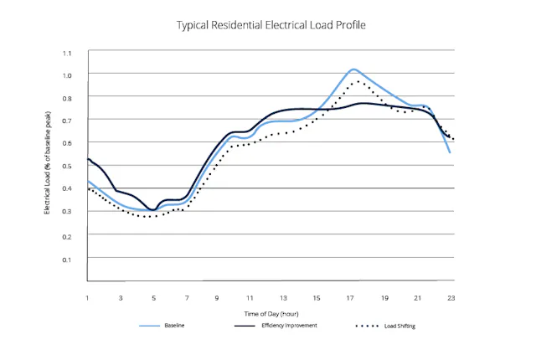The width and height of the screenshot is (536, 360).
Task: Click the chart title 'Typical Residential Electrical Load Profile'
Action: point(271,25)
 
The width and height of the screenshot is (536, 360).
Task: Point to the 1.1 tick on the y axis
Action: point(66,53)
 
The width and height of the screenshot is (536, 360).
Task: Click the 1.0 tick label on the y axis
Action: point(66,75)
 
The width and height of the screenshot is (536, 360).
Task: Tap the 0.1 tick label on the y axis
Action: point(66,260)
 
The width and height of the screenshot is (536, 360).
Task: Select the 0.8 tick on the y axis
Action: point(66,98)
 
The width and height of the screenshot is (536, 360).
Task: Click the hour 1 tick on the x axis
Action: point(87,298)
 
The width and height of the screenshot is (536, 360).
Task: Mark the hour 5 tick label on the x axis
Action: point(153,298)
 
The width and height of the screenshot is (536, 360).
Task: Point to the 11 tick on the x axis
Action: point(250,298)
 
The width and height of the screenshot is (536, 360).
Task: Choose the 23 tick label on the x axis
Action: point(451,298)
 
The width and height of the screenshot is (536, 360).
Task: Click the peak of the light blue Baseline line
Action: point(353,69)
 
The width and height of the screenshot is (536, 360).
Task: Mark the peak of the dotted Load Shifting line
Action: point(358,81)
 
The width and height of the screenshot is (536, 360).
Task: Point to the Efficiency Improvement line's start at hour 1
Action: point(88,159)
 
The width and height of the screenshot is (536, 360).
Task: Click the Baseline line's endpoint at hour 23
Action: point(451,152)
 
